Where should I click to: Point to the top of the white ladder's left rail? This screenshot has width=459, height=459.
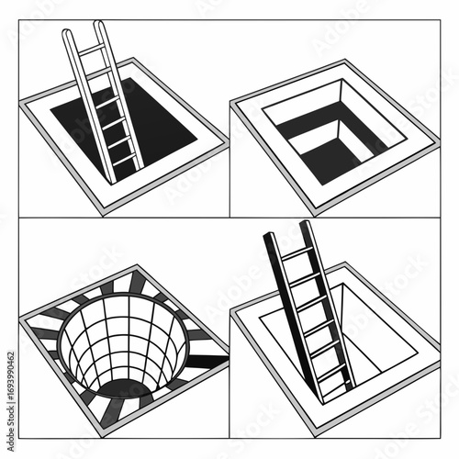67,32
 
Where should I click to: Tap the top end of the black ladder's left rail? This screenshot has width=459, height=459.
271,237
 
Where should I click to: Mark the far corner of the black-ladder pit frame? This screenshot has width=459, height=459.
345,263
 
